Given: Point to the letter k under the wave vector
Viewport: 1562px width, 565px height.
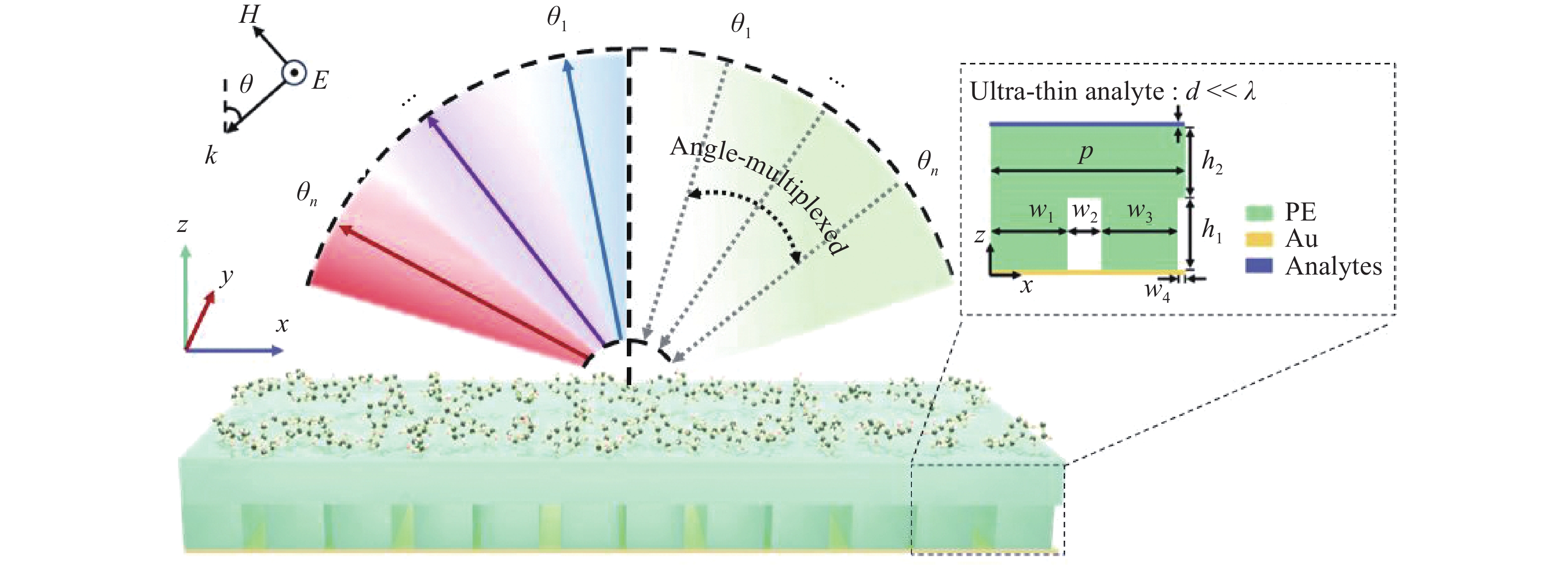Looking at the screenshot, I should [210, 156].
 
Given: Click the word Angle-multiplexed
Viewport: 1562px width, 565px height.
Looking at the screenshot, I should [758, 194].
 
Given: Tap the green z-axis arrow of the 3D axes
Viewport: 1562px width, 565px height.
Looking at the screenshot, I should [185, 297].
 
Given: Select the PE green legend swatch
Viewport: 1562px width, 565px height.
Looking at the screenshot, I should [1259, 213].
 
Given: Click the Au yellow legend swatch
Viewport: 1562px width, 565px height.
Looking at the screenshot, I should [1259, 239].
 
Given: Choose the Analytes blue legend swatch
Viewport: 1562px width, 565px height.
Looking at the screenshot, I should [1259, 266].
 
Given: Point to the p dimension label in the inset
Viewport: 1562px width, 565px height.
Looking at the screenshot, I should [1085, 153].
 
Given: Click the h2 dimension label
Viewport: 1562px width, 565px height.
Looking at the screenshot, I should [1211, 162].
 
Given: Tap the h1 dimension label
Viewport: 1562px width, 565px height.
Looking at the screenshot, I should [1211, 231].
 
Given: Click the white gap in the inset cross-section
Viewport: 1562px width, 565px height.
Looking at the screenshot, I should [1083, 249].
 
